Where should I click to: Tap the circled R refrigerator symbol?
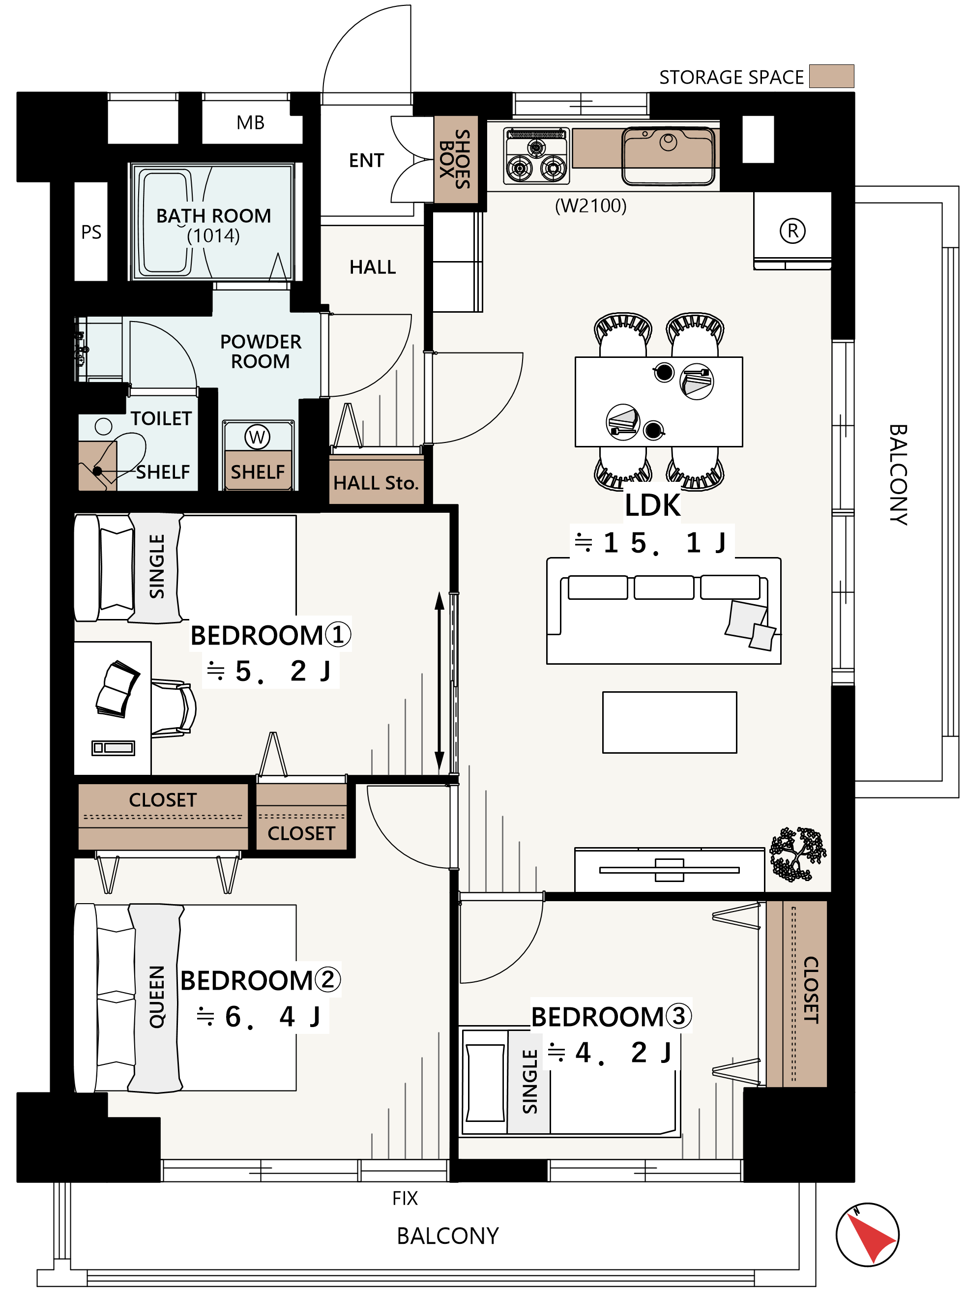[x=792, y=231]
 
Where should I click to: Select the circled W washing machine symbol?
[x=257, y=437]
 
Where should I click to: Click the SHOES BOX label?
[x=455, y=159]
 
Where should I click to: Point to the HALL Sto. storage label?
[x=376, y=483]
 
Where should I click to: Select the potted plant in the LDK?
[x=797, y=854]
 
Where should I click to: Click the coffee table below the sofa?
[x=670, y=722]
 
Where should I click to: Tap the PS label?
[x=91, y=232]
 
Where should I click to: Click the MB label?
[x=250, y=122]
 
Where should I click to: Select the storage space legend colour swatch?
[x=831, y=76]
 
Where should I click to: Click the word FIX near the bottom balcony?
[x=405, y=1199]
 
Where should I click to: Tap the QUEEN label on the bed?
[x=157, y=997]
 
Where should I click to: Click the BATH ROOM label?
[x=213, y=216]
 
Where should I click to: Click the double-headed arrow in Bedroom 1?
[x=439, y=682]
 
